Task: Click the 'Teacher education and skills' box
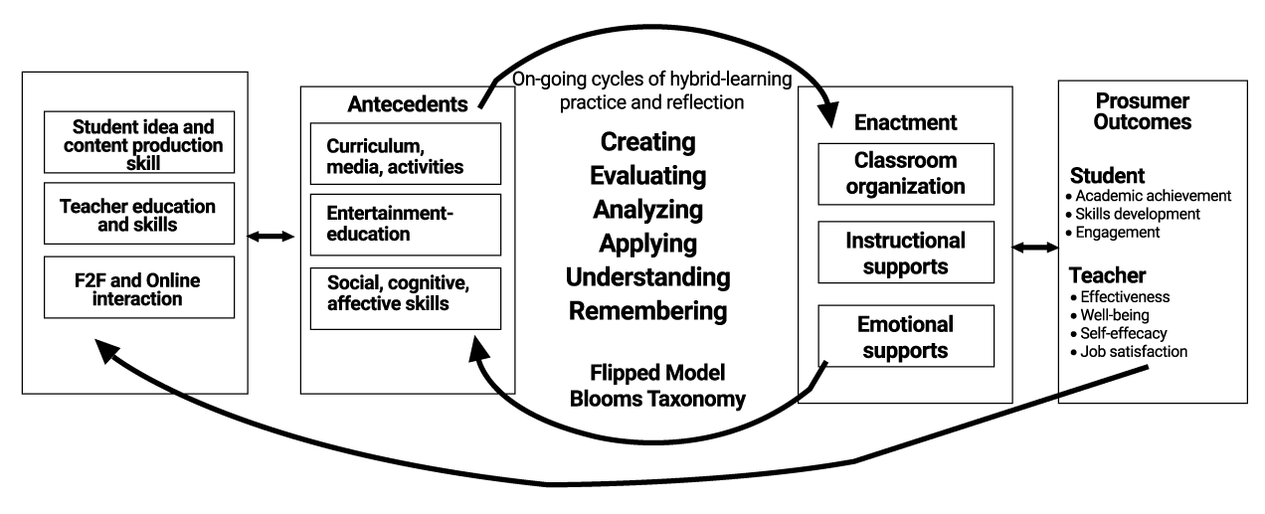coord(139,214)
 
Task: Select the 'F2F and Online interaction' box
coord(139,287)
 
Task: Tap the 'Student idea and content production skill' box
coord(139,142)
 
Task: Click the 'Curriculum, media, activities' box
coord(406,154)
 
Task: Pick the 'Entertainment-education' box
coord(406,225)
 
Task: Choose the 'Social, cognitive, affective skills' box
coord(406,299)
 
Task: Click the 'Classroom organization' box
coord(906,174)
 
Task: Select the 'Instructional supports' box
coord(906,253)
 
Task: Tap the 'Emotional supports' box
coord(906,336)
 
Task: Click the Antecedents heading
coord(408,104)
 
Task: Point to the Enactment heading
coord(905,122)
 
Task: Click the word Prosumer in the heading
coord(1143,100)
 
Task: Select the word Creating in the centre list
coord(647,142)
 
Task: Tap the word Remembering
coord(647,310)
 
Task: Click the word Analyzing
coord(647,210)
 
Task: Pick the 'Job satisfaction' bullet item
coord(1129,351)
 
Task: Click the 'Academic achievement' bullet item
coord(1148,196)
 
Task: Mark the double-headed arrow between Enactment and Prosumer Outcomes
coord(1035,247)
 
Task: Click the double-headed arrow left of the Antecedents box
coord(271,236)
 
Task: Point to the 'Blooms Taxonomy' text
coord(657,399)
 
